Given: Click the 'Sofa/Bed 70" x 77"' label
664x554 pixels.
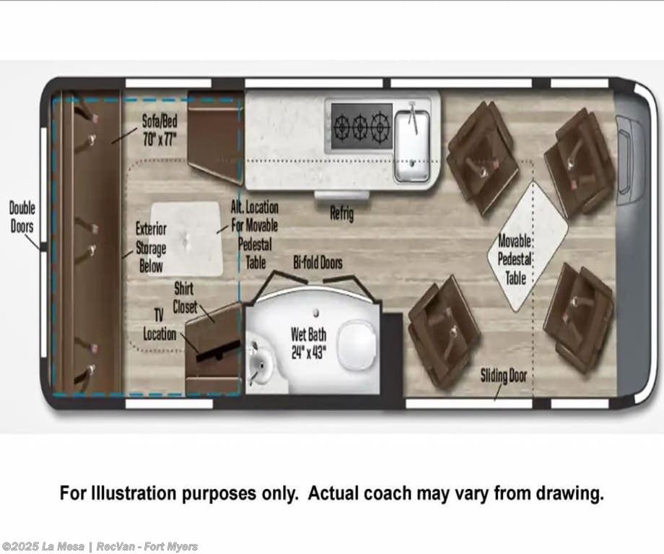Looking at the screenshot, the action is click(x=160, y=130).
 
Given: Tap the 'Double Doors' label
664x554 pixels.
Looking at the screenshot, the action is click(x=22, y=217).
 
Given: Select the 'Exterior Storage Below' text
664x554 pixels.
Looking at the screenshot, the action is click(x=151, y=248).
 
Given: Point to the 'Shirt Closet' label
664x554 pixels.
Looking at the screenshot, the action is click(x=185, y=298).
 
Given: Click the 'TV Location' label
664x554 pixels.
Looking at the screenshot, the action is click(x=160, y=325).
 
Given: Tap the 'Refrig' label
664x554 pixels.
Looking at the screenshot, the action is click(x=341, y=213).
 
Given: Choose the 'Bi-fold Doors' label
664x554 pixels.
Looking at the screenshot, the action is click(x=318, y=263).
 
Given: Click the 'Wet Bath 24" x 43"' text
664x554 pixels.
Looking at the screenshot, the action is click(x=308, y=343).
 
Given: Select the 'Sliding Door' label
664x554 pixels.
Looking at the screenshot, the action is click(x=504, y=376).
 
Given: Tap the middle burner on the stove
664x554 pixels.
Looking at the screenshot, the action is click(x=360, y=126).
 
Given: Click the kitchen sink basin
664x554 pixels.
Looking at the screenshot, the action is click(x=412, y=147).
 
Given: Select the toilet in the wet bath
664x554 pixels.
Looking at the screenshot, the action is click(x=357, y=345).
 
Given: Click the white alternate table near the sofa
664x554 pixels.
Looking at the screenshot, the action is click(x=187, y=238).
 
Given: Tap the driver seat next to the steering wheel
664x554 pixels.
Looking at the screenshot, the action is click(x=580, y=161).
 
